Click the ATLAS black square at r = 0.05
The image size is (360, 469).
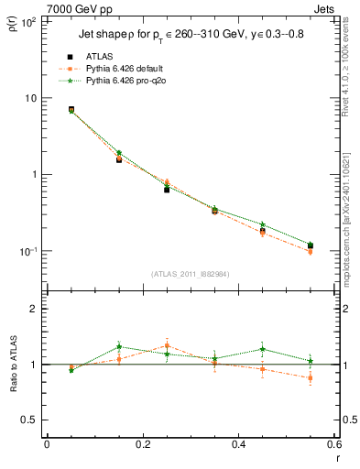pyautogui.click(x=71, y=109)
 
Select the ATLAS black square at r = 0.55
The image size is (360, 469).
pyautogui.click(x=310, y=245)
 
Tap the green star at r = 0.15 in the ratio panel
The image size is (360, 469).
pyautogui.click(x=119, y=347)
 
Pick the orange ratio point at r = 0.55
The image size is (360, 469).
pyautogui.click(x=310, y=377)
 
